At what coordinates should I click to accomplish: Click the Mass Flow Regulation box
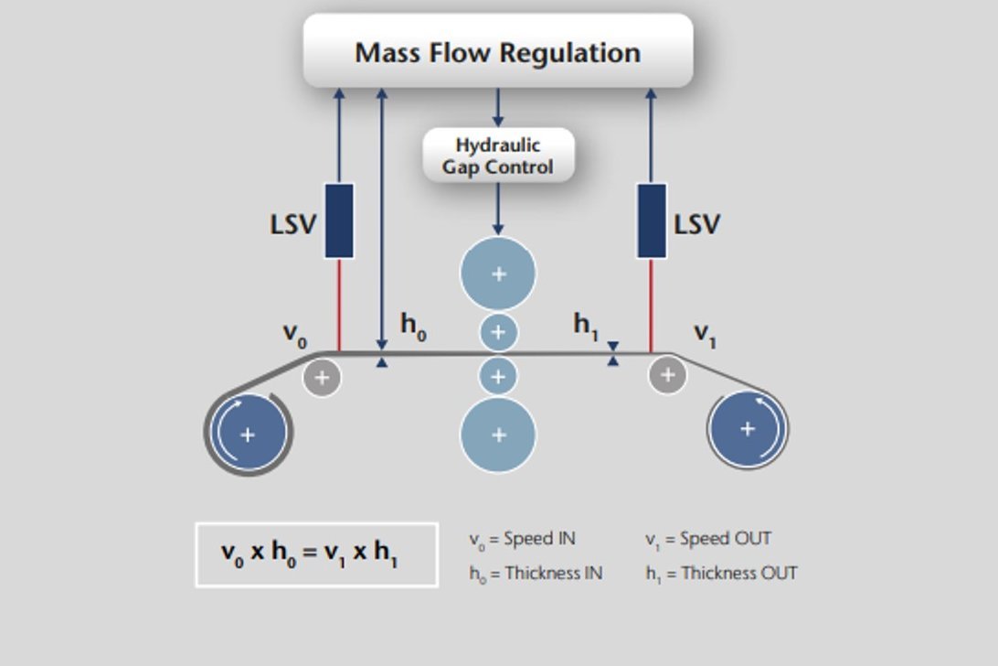point(498,51)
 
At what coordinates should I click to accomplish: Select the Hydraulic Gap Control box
point(498,156)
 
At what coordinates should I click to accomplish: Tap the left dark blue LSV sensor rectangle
point(339,220)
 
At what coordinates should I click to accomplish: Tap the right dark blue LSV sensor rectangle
point(652,220)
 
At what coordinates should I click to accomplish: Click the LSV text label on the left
point(292,224)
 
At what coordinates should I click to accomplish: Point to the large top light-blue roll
point(498,274)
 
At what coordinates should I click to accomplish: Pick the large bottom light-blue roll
point(498,435)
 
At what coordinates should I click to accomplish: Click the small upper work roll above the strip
point(498,332)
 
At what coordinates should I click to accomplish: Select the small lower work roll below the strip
point(498,376)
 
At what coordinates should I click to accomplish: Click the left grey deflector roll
point(322,376)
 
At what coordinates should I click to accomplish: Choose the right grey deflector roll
point(668,374)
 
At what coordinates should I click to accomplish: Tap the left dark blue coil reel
point(248,434)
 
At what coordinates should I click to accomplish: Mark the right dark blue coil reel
point(748,428)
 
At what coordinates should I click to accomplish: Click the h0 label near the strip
point(413,327)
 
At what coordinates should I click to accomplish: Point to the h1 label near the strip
point(586,326)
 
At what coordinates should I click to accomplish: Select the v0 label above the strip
point(294,335)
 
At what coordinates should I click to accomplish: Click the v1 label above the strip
point(705,335)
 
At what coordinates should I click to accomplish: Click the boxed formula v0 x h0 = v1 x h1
point(316,553)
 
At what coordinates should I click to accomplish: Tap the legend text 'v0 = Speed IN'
point(522,539)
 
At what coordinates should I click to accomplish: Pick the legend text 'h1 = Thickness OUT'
point(721,574)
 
